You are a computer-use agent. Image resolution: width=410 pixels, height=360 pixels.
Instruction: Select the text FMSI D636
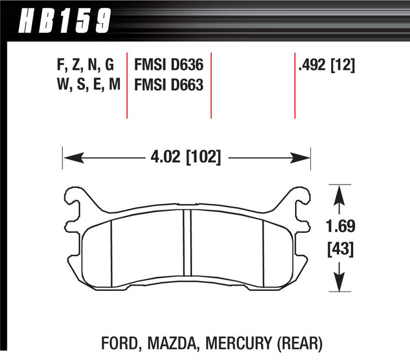pos(167,66)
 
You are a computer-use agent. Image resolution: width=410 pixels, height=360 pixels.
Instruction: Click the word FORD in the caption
pos(117,342)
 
